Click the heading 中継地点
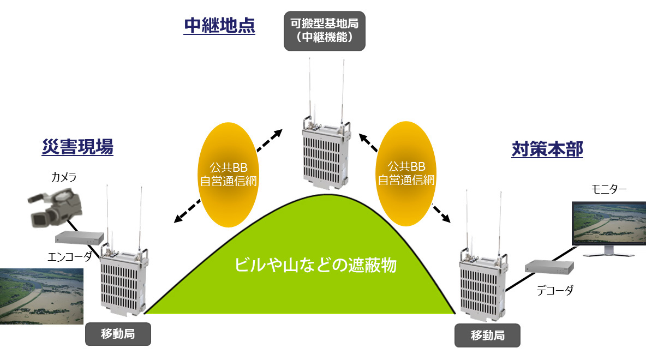pyautogui.click(x=219, y=26)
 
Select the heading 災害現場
pyautogui.click(x=77, y=147)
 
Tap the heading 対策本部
pyautogui.click(x=547, y=149)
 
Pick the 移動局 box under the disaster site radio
pyautogui.click(x=117, y=334)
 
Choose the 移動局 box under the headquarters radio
pyautogui.click(x=487, y=335)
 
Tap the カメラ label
pyautogui.click(x=64, y=177)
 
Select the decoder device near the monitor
pyautogui.click(x=549, y=267)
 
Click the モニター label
pyautogui.click(x=609, y=189)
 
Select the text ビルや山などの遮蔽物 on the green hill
pyautogui.click(x=315, y=265)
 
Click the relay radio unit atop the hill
pyautogui.click(x=324, y=153)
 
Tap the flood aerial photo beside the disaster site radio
pyautogui.click(x=41, y=296)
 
